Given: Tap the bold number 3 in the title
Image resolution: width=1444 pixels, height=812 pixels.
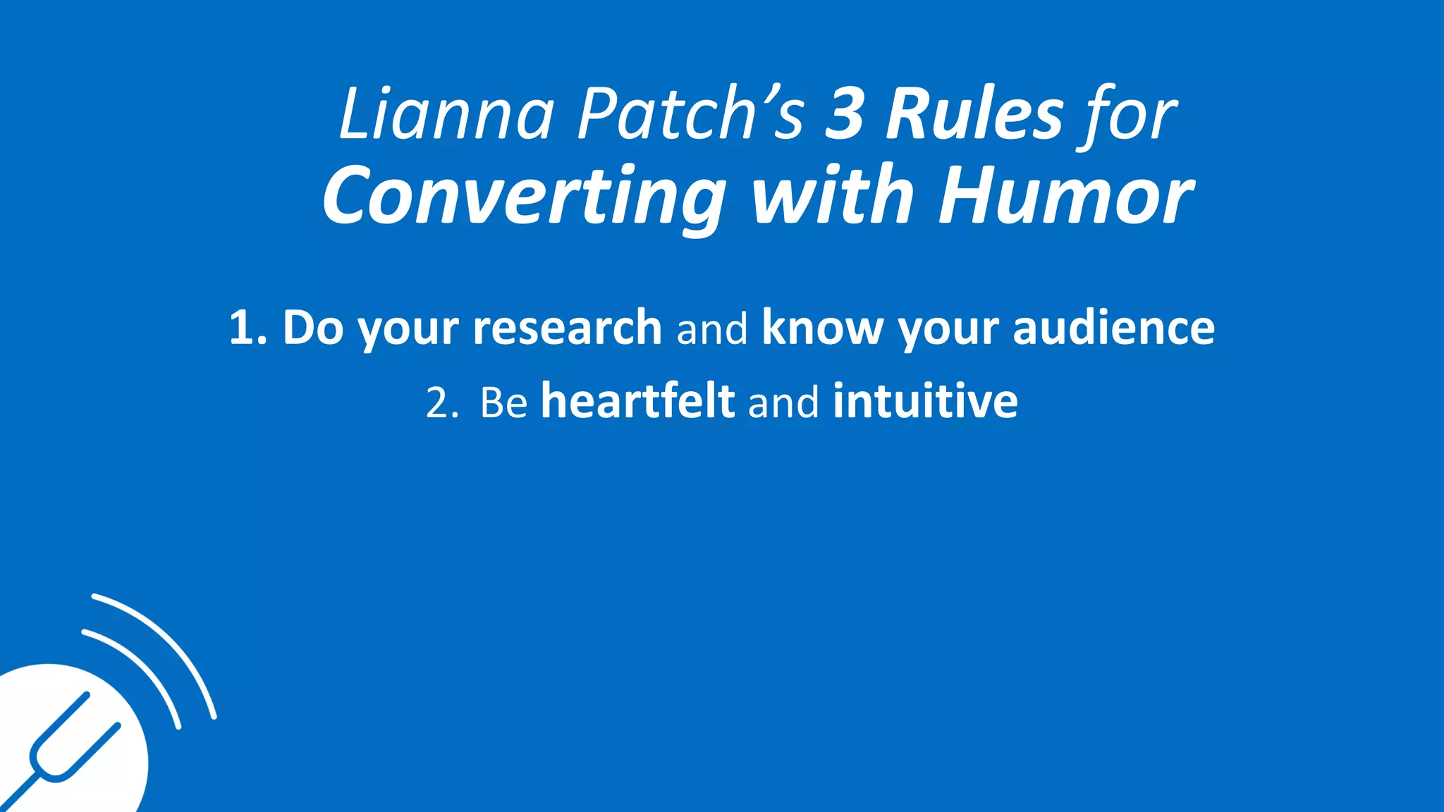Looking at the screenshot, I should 845,115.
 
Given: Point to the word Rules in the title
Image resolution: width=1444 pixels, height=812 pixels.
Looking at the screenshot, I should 974,115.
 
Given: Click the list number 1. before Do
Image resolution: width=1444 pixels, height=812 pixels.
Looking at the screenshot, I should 248,328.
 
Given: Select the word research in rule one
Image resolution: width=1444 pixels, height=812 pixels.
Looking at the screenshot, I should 567,328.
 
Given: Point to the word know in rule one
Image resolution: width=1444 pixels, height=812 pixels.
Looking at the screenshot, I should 822,328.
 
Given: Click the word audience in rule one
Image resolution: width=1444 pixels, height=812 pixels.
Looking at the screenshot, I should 1113,328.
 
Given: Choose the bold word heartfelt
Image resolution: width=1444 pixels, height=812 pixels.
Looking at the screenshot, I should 638,402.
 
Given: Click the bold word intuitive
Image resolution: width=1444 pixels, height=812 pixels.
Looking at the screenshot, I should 925,402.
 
